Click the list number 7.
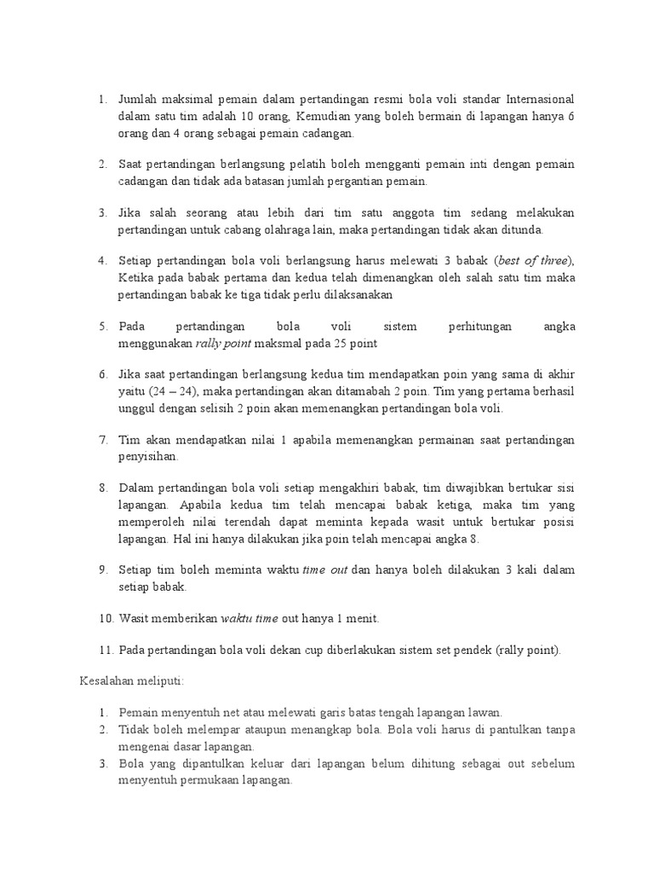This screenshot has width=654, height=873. [102, 440]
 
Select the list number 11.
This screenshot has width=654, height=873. [105, 650]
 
